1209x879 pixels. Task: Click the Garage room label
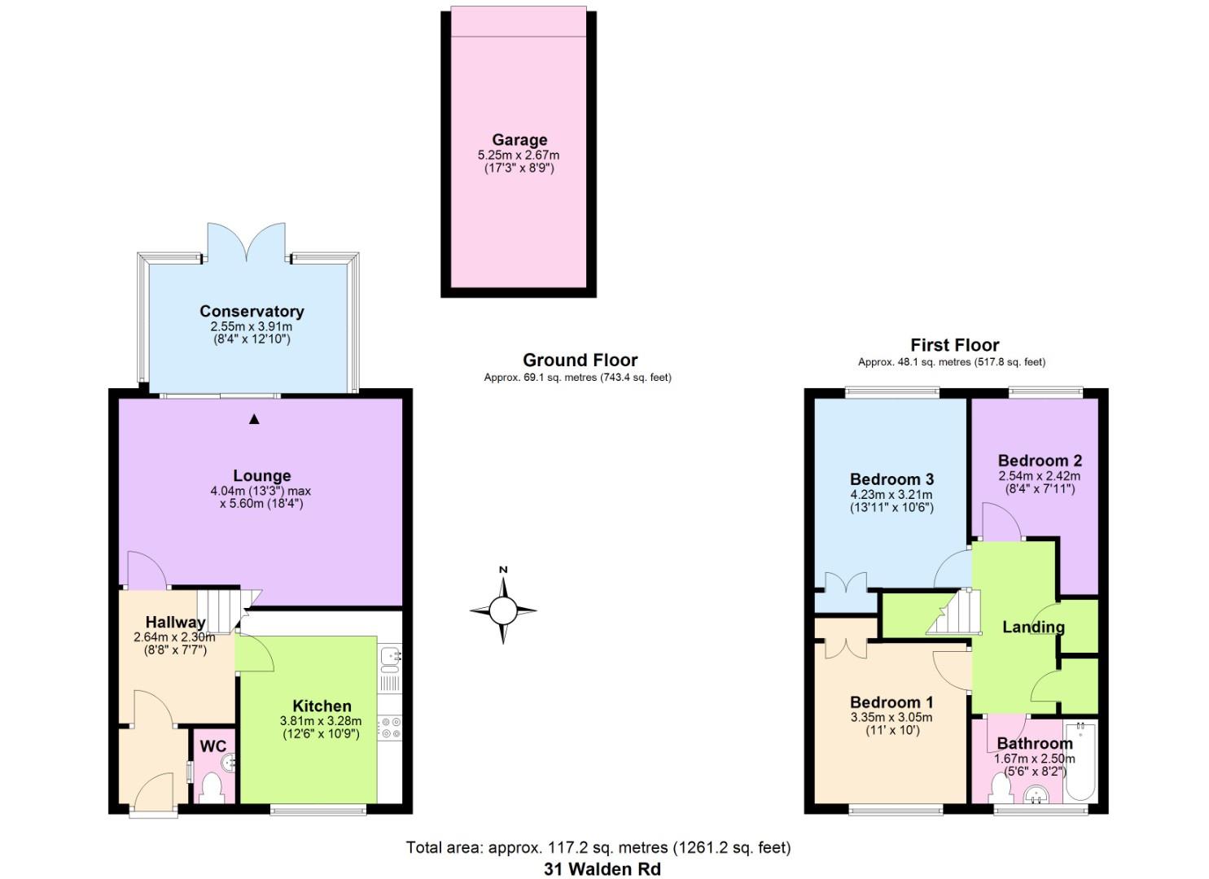[519, 140]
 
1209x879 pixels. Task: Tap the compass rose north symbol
[503, 608]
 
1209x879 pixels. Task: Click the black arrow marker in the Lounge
[254, 419]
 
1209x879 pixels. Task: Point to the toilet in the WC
[212, 787]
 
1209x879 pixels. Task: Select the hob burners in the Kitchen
[389, 727]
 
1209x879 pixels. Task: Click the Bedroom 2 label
[1039, 461]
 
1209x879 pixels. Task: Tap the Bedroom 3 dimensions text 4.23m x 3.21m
[891, 494]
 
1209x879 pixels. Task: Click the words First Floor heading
[954, 345]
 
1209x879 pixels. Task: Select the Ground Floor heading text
[580, 360]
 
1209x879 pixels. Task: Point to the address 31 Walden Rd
[602, 868]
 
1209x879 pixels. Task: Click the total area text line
[598, 847]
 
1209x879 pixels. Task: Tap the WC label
[213, 746]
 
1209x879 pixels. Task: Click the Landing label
[1033, 627]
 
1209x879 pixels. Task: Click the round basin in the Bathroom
[1036, 793]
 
